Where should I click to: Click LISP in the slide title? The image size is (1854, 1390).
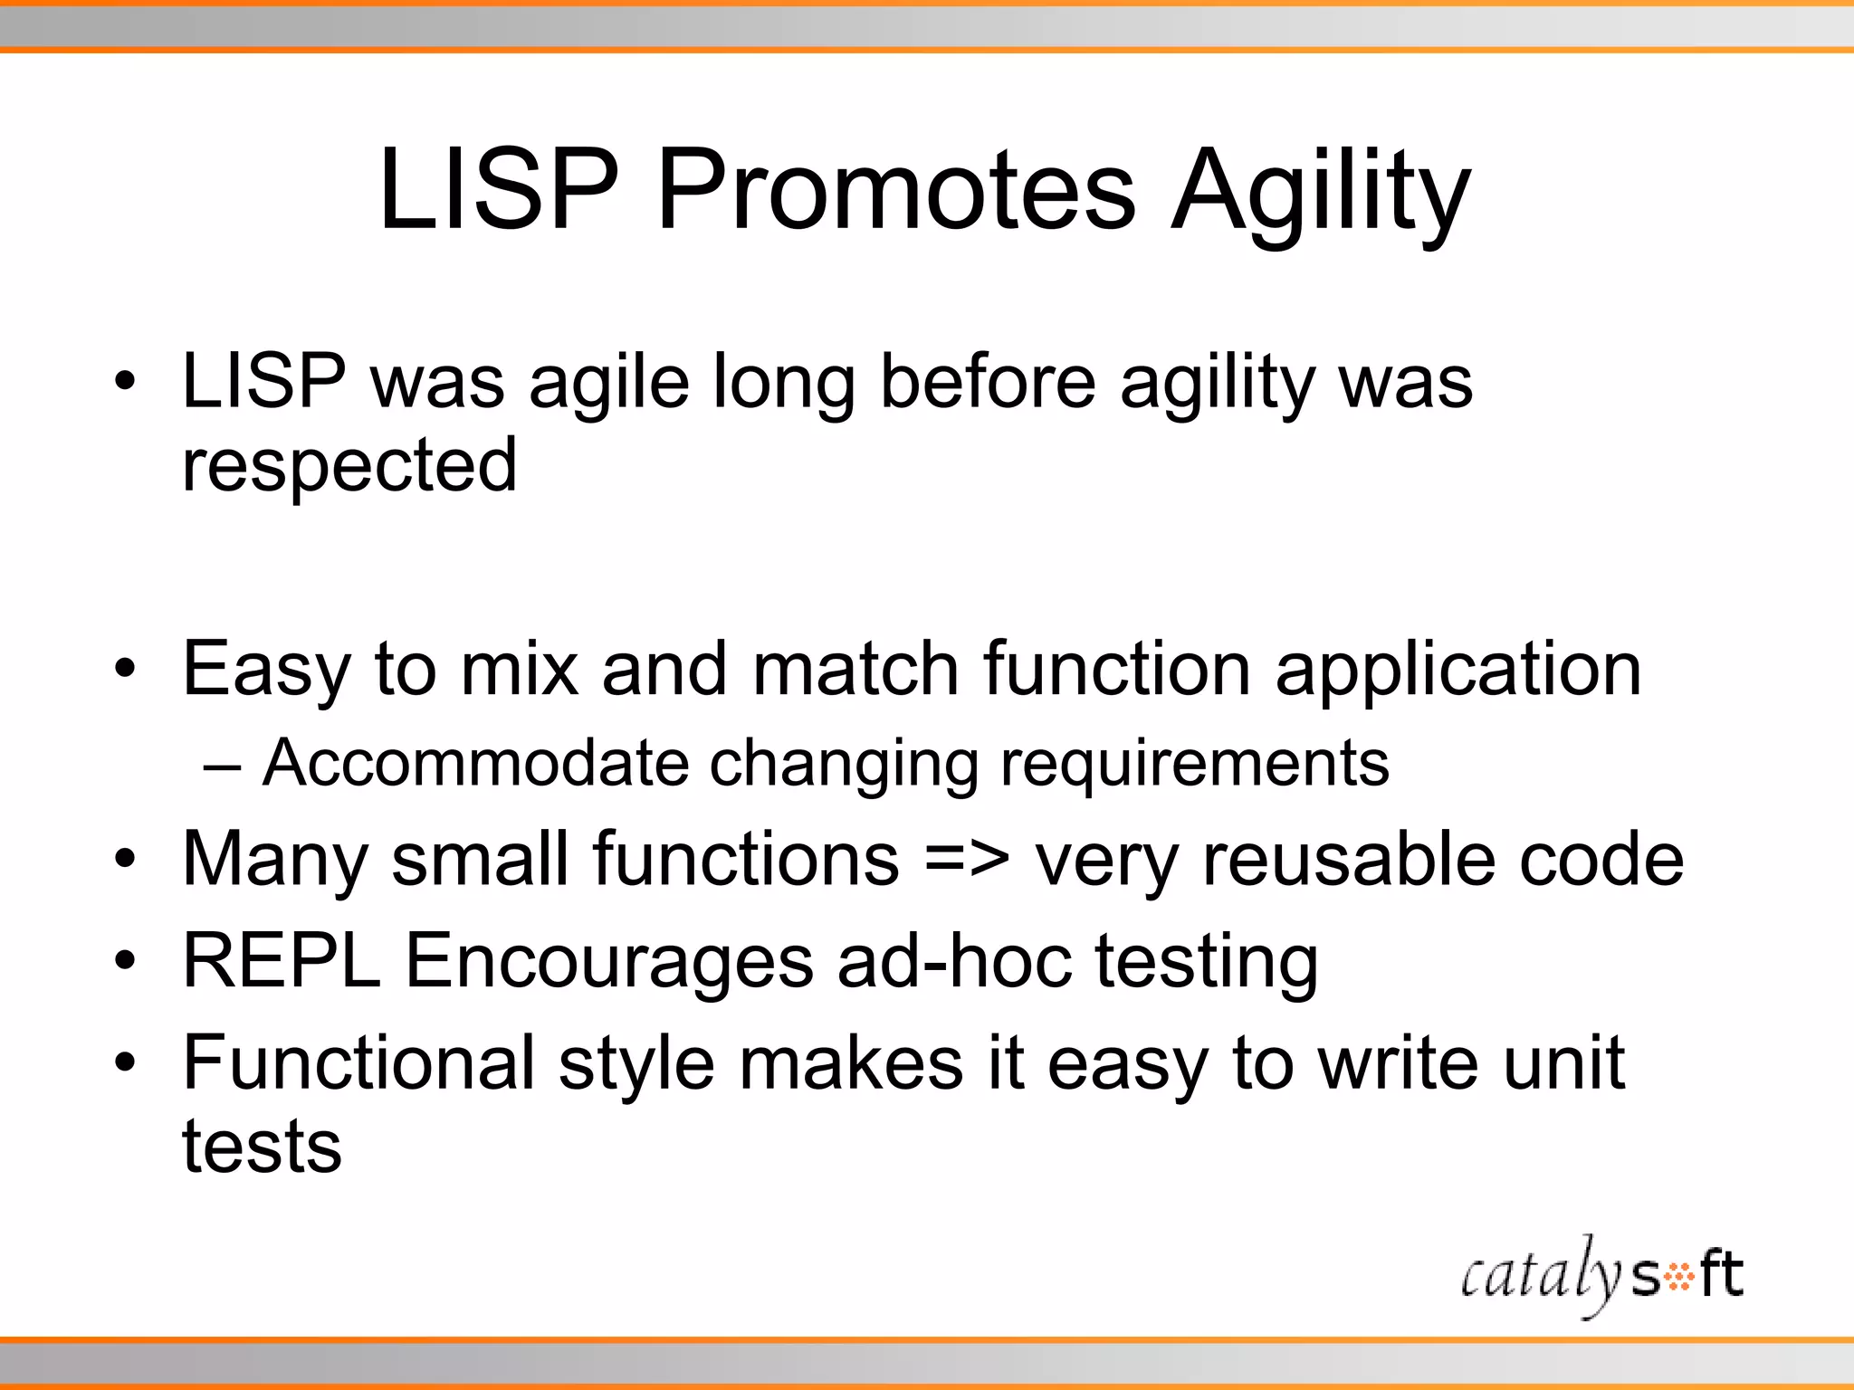point(499,192)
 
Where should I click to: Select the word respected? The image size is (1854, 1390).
point(349,467)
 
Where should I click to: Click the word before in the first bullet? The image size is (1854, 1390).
point(988,381)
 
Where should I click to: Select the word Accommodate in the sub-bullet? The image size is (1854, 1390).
point(475,762)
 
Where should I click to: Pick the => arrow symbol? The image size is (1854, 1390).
point(967,860)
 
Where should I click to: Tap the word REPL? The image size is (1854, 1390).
point(282,960)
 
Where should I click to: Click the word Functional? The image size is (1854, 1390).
point(358,1062)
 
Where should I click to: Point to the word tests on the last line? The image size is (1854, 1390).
point(262,1147)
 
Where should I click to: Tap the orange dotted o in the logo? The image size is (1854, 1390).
point(1680,1278)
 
